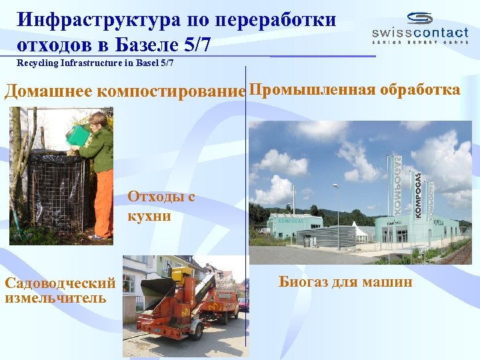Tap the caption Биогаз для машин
click(345, 282)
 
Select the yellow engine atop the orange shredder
click(181, 275)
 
